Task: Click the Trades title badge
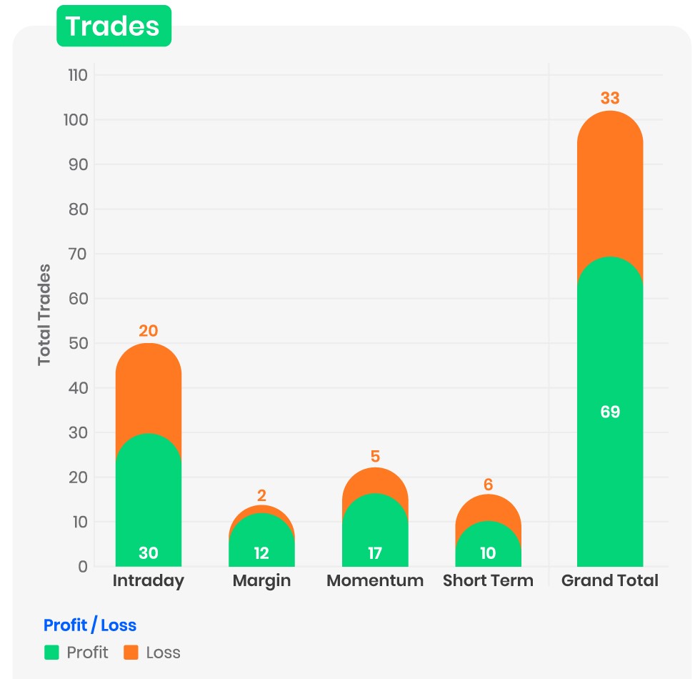[113, 26]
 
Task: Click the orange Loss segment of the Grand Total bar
[609, 186]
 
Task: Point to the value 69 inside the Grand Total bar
[609, 412]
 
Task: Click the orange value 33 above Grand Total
[609, 99]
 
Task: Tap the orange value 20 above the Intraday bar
[149, 331]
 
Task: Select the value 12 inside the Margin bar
[261, 553]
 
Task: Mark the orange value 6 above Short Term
[488, 485]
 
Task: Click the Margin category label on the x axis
[261, 580]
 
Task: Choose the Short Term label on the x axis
[488, 580]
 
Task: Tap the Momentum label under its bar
[375, 580]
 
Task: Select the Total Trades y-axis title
[45, 314]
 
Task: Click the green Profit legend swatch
[51, 652]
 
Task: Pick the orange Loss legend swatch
[131, 652]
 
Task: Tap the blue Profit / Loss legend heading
[90, 625]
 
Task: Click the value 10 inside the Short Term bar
[488, 553]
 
